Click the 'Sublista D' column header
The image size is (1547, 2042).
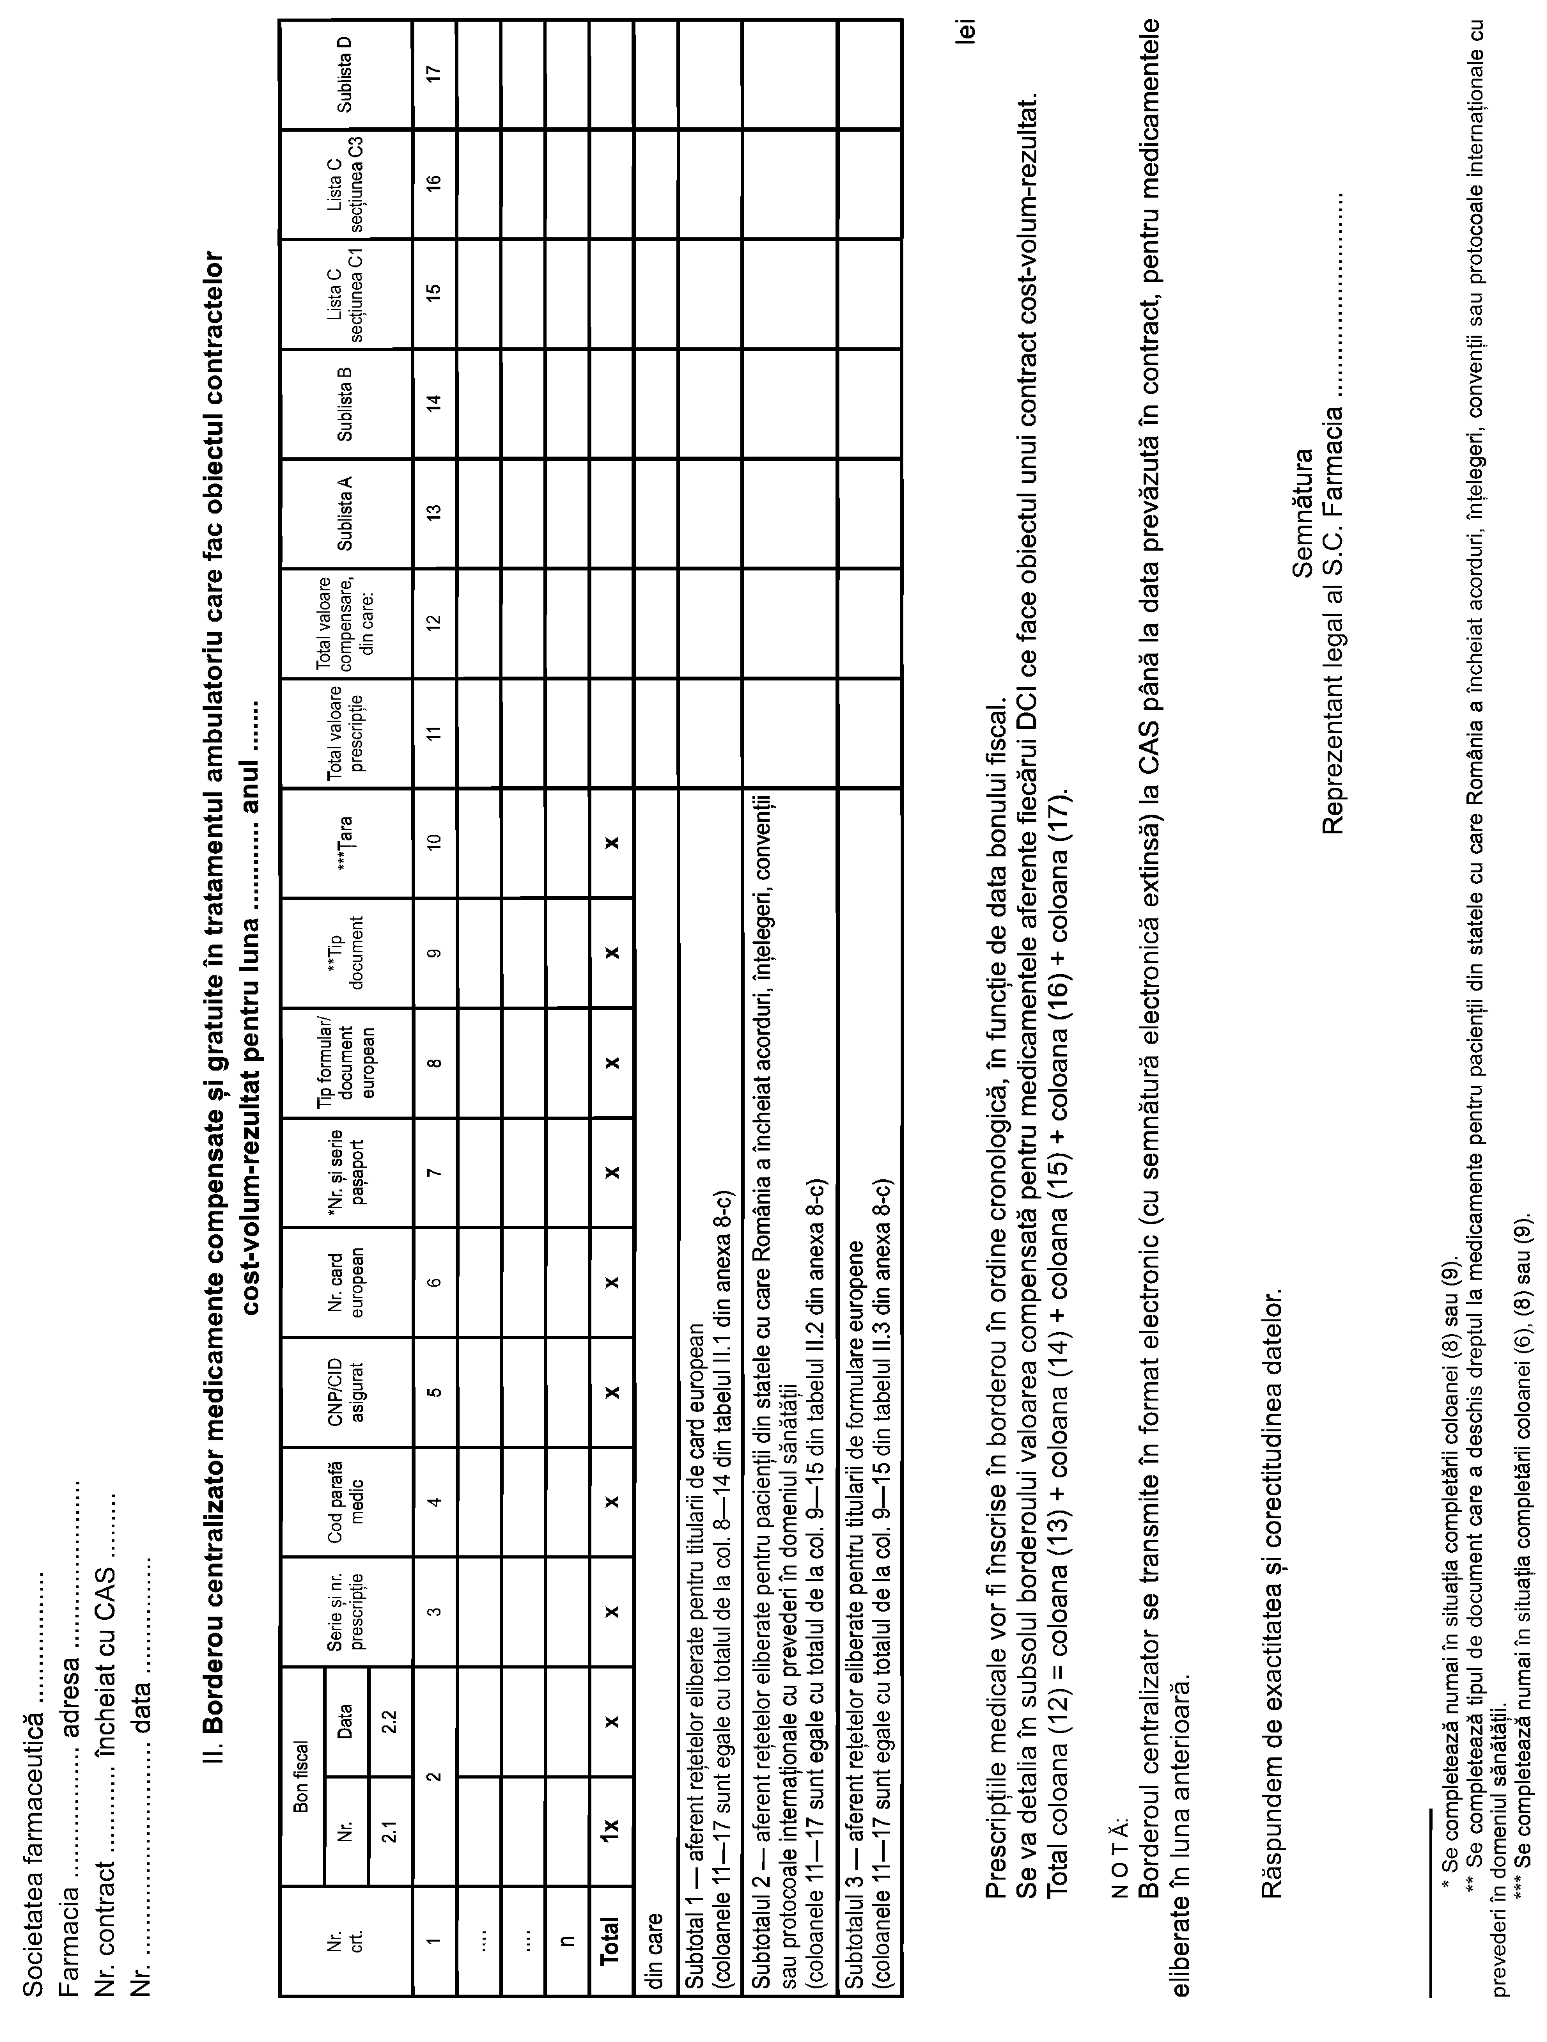[x=345, y=74]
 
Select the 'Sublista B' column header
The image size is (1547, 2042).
[x=345, y=404]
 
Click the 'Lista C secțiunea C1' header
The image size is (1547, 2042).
[x=345, y=294]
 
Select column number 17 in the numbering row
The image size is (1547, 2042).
[x=434, y=74]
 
